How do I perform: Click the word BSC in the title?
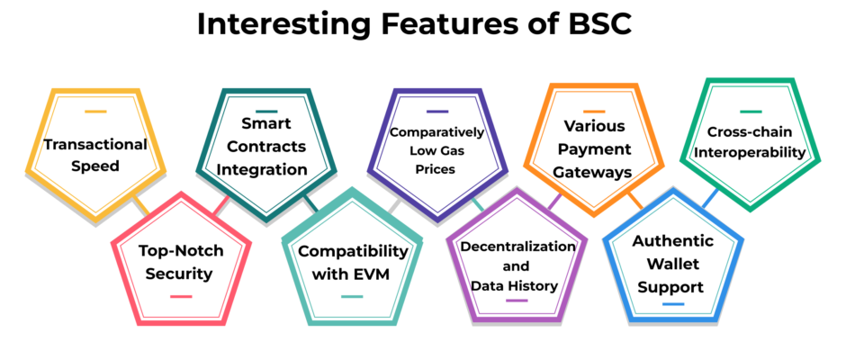tap(598, 24)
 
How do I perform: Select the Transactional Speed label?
tap(95, 155)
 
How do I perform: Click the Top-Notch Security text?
tap(181, 262)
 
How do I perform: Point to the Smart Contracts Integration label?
tap(266, 147)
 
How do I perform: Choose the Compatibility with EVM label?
tap(354, 263)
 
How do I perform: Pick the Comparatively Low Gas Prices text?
tap(437, 150)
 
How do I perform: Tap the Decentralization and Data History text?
tap(517, 266)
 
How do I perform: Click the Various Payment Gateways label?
tap(594, 149)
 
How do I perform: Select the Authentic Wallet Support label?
tap(672, 264)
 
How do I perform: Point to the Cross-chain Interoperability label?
tap(750, 142)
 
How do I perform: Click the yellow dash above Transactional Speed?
tap(95, 112)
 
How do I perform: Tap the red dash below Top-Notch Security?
tap(181, 296)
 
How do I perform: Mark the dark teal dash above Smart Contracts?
tap(266, 112)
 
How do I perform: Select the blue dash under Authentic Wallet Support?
tap(673, 304)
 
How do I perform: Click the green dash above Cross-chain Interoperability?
tap(751, 112)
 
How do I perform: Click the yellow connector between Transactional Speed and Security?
tap(141, 205)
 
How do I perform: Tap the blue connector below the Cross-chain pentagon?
tap(711, 198)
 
